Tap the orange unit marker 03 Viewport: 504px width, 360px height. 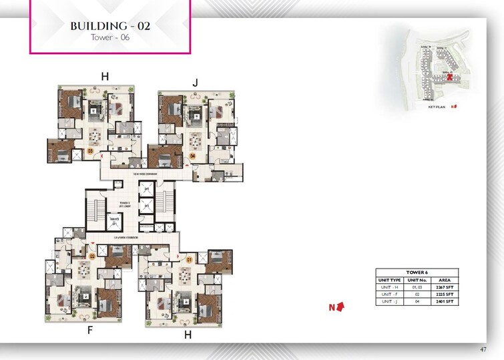(90, 151)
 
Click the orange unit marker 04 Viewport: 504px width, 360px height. (192, 156)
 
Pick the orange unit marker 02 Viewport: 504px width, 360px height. (92, 255)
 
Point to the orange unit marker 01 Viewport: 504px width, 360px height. (189, 258)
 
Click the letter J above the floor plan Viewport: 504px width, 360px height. (195, 83)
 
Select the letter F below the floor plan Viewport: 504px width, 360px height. (89, 329)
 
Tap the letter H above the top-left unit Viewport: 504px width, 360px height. (104, 77)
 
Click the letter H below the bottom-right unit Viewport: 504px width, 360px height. (188, 335)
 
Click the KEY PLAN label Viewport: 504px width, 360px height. (437, 106)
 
